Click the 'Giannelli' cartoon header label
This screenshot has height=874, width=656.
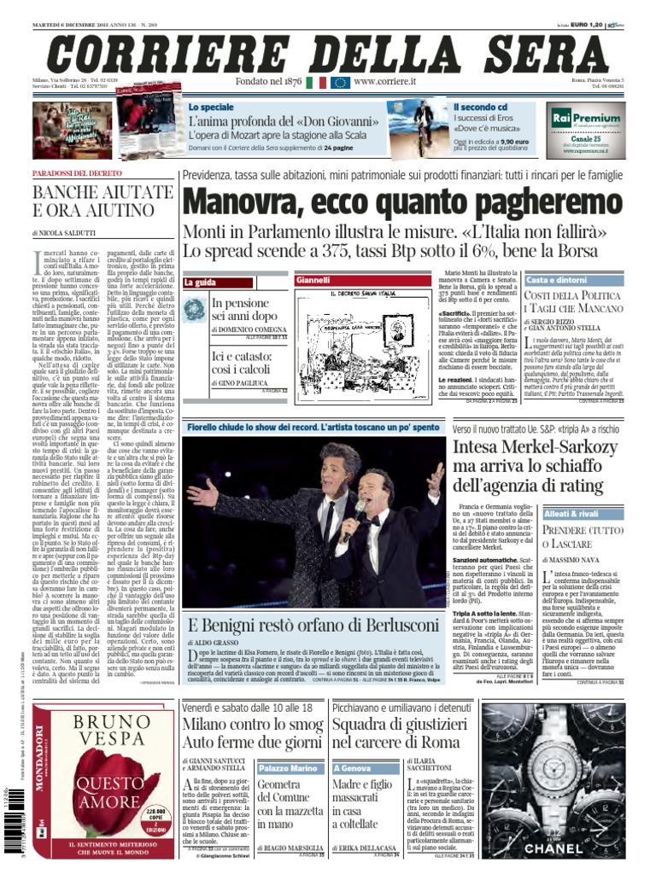(313, 280)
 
